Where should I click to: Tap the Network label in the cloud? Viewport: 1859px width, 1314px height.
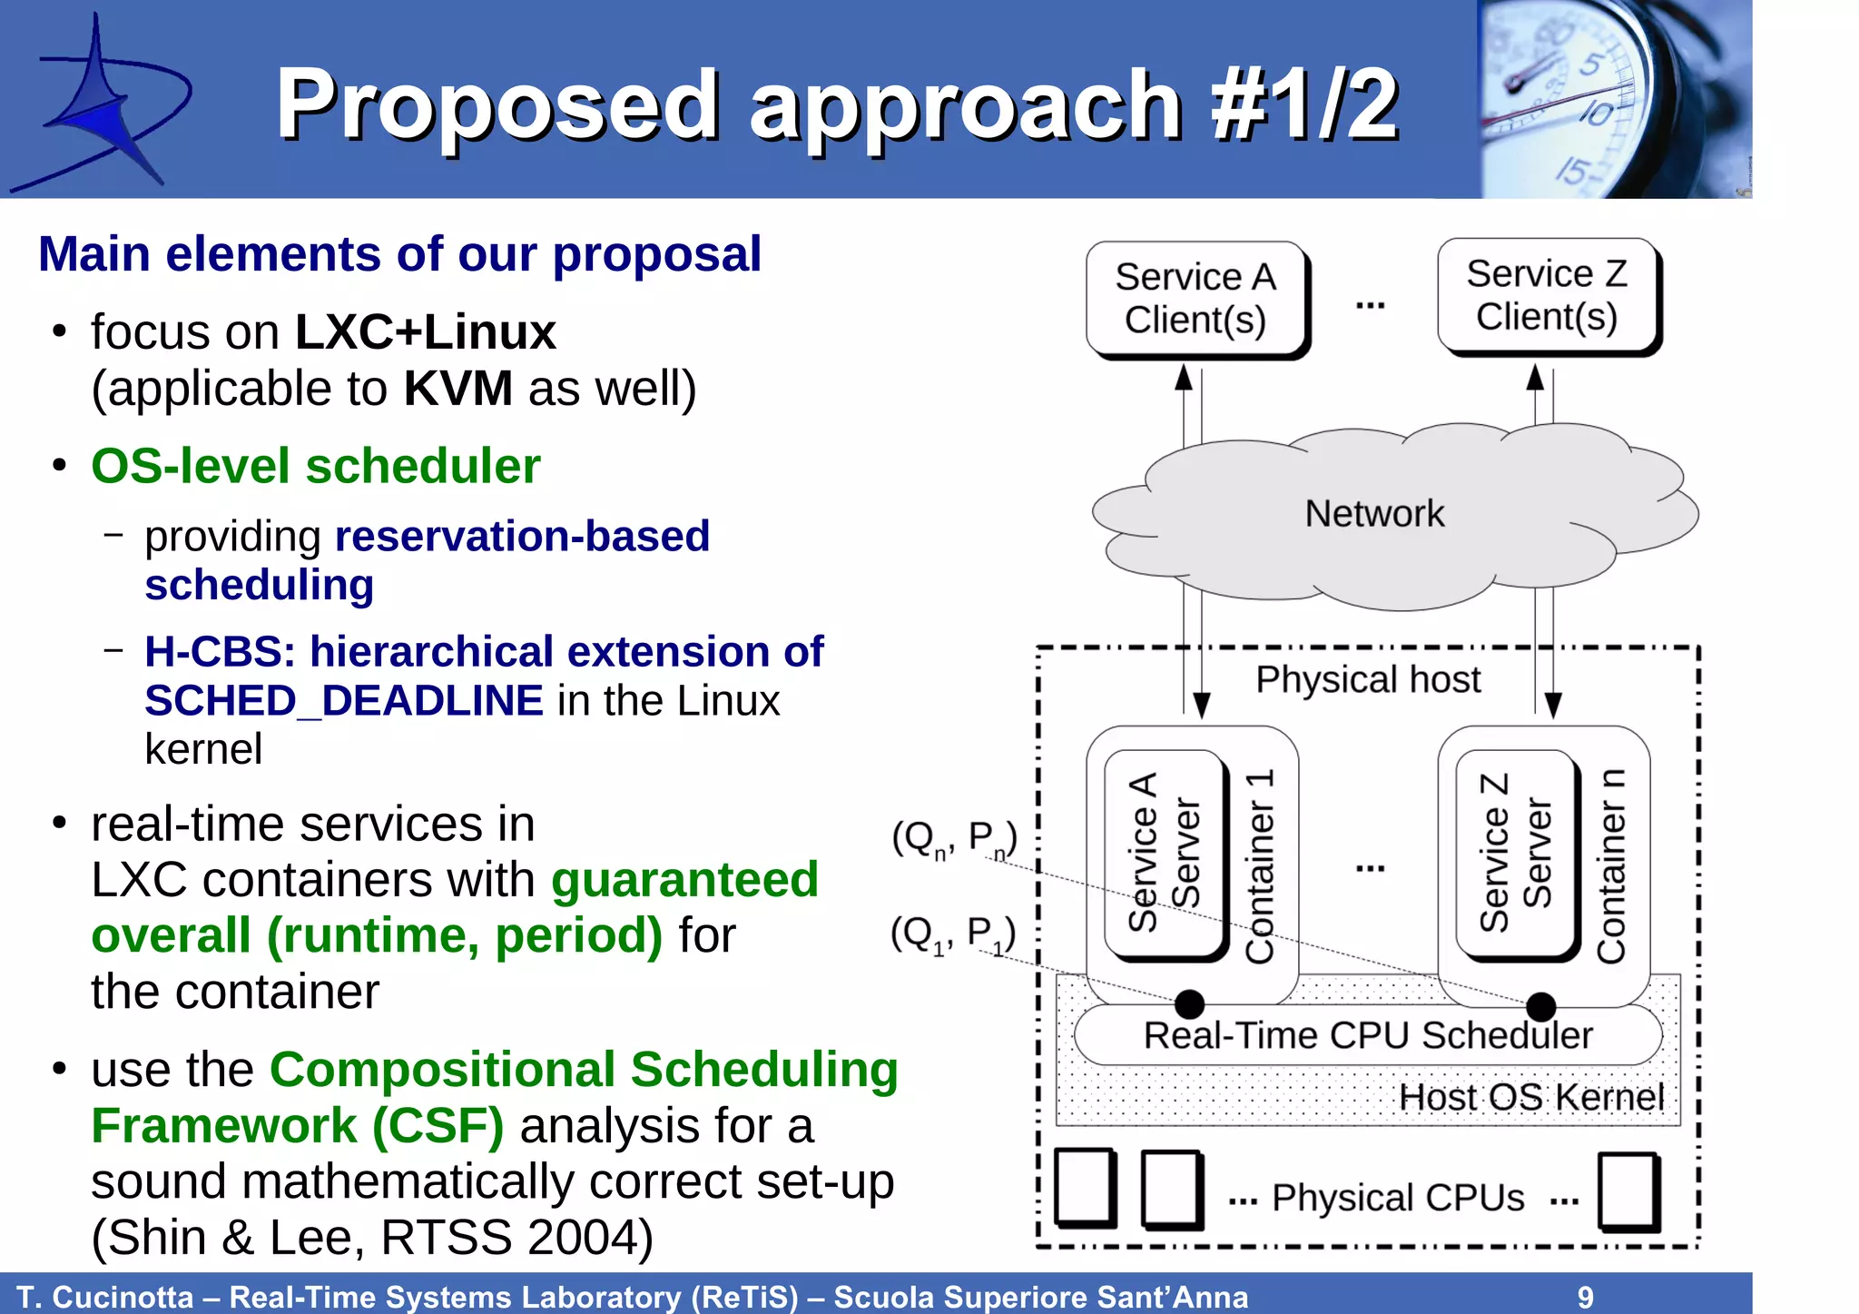[1373, 514]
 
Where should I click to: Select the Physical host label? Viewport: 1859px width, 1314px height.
[1367, 679]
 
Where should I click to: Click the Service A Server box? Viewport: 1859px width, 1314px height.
[1164, 854]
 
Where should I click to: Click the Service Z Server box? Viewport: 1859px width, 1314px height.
[1515, 854]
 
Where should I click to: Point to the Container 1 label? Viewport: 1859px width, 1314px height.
[1260, 867]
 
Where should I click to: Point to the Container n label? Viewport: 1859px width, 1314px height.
[1611, 867]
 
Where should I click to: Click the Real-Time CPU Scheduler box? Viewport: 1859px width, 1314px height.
[1367, 1035]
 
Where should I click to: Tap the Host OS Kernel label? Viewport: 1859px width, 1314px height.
[1530, 1097]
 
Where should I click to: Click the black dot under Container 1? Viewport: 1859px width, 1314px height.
[1189, 1004]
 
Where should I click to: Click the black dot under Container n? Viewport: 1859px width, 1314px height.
[1540, 1006]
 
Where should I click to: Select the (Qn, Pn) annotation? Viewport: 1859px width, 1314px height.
[953, 838]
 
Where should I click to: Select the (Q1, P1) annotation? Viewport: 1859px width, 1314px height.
[952, 934]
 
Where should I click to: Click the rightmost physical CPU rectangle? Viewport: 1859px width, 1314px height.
[1628, 1191]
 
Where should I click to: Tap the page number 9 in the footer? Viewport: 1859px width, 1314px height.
[1585, 1297]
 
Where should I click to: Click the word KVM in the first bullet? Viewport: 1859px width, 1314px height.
[457, 389]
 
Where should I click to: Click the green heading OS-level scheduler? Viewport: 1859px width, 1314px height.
[315, 466]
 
